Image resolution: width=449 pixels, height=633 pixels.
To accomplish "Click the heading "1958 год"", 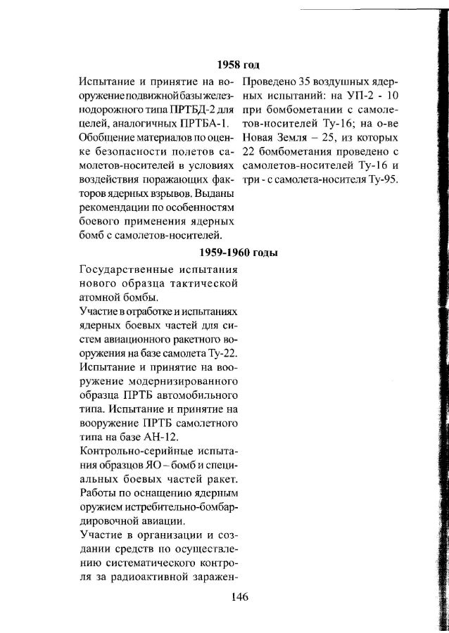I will (x=239, y=65).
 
